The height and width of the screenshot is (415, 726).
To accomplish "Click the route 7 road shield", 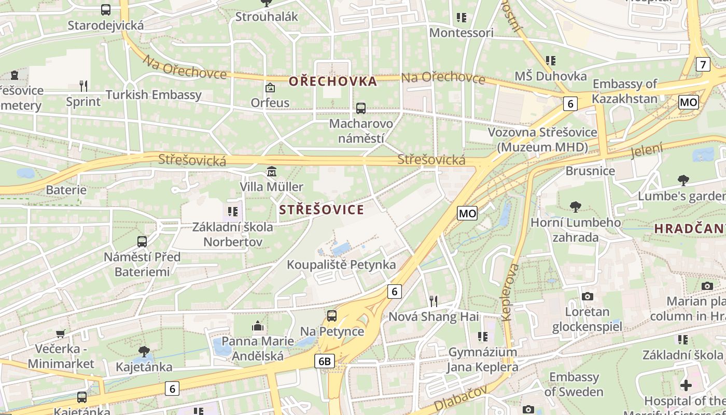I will (x=703, y=65).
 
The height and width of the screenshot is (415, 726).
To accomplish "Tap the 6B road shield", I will (x=325, y=361).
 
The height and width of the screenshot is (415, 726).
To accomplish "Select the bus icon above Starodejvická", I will (x=106, y=9).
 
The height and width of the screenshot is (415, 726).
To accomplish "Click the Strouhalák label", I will (x=267, y=17).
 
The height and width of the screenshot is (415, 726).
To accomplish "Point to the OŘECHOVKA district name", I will (x=332, y=81).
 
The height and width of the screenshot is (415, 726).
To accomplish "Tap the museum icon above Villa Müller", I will (x=271, y=171).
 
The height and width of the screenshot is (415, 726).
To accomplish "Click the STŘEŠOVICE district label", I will (x=322, y=210).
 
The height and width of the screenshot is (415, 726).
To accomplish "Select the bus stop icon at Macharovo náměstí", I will (x=361, y=108).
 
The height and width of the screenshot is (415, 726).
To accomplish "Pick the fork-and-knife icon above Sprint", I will (x=83, y=86).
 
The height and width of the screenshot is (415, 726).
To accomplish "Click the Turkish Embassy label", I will (x=153, y=95).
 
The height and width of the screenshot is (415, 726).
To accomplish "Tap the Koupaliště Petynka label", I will (x=341, y=265).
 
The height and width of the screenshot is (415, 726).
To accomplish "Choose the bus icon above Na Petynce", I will (x=332, y=315).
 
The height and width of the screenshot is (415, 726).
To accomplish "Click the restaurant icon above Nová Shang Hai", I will (x=434, y=301).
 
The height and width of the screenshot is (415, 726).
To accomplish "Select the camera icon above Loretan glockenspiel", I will (x=587, y=296).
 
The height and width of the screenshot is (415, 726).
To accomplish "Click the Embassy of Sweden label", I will (x=574, y=384).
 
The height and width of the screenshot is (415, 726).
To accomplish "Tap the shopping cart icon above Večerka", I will (x=61, y=333).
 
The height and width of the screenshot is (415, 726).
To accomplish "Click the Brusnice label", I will (x=590, y=171).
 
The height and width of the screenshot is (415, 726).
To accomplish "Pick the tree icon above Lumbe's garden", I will (x=683, y=181).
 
